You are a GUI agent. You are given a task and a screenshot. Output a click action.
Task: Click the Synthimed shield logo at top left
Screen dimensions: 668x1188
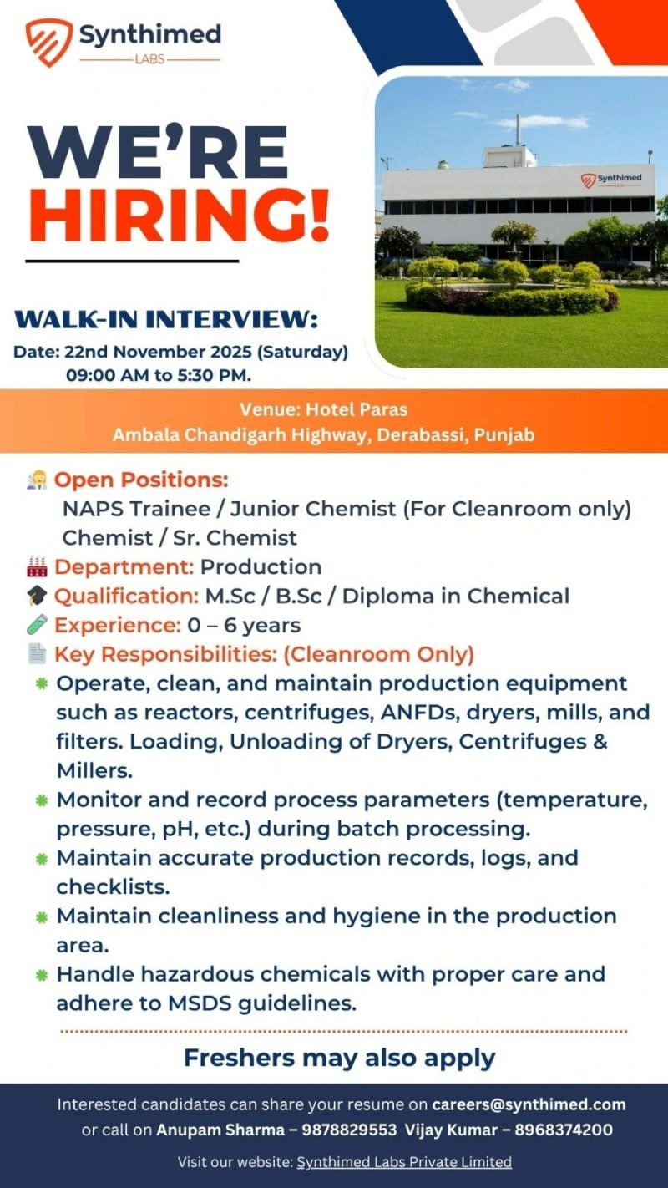(48, 43)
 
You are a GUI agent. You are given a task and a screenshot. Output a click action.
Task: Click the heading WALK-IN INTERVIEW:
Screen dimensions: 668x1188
(166, 320)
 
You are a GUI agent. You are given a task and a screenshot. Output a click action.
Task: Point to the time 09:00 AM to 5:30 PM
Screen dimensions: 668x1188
(159, 375)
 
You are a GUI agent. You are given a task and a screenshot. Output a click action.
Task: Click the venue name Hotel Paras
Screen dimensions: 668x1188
(357, 409)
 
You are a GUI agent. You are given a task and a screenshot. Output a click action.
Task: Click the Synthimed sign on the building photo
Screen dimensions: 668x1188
(611, 180)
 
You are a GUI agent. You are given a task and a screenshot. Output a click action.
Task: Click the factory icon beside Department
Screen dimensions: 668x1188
(37, 567)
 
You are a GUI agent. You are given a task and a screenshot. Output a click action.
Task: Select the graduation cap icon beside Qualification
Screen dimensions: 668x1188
(37, 597)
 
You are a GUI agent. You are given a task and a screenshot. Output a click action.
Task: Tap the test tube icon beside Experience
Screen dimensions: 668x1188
(37, 625)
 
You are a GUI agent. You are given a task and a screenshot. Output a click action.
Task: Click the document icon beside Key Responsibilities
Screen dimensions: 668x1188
(37, 654)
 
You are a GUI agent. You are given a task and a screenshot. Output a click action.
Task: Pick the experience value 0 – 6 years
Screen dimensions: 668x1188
(244, 625)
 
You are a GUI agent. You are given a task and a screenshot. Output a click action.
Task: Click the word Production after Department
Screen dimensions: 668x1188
(261, 567)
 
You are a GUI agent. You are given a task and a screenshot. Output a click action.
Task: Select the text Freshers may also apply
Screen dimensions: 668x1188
(339, 1058)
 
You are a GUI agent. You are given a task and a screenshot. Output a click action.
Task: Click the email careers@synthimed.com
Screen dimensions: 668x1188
(529, 1104)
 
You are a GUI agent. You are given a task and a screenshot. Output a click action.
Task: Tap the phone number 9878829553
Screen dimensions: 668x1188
(349, 1130)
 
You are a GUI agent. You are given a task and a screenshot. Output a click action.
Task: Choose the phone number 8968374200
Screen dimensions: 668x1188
(564, 1130)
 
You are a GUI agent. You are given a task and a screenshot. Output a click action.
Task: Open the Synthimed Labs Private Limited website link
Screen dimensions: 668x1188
(404, 1162)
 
